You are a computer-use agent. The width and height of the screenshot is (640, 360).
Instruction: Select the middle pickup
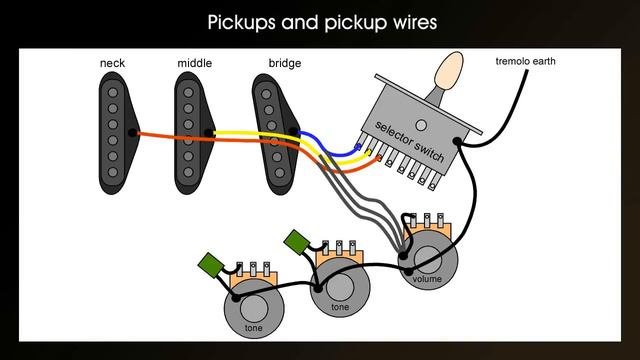pos(192,131)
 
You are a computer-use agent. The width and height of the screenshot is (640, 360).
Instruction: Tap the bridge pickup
pos(273,131)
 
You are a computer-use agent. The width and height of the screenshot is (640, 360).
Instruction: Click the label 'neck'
pos(112,64)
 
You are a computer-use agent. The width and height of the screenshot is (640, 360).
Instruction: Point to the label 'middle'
pos(194,64)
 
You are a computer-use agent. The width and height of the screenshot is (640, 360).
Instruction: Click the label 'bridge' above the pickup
pos(284,64)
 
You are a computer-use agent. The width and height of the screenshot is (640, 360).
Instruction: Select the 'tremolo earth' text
pos(525,62)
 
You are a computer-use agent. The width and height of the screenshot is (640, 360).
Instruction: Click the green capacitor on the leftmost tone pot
pos(211,263)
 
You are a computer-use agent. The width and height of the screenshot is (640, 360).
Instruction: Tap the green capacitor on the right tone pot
pos(296,242)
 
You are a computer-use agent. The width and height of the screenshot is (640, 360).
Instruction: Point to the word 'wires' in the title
pos(409,21)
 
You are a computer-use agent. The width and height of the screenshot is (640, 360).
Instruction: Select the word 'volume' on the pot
pos(427,279)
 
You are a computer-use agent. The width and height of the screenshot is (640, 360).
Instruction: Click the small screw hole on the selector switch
pos(421,125)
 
